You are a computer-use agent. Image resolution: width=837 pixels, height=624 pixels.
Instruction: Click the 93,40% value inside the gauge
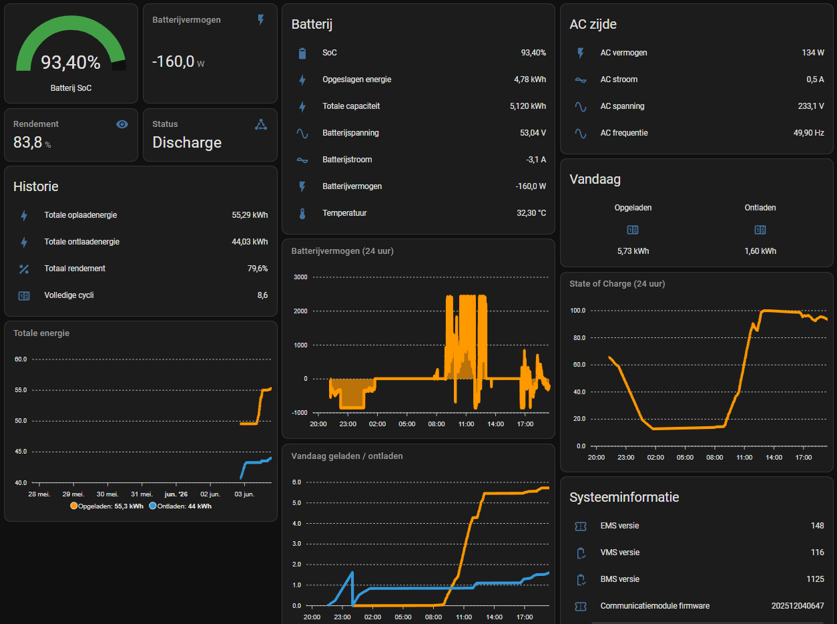[x=71, y=62]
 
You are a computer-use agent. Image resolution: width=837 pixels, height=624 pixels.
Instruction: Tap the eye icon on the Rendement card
[x=122, y=124]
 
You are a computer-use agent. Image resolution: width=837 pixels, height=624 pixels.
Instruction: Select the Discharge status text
[x=187, y=142]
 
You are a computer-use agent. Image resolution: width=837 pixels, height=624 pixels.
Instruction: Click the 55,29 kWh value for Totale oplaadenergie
[x=250, y=215]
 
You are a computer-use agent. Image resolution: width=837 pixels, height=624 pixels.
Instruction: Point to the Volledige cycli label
[x=69, y=295]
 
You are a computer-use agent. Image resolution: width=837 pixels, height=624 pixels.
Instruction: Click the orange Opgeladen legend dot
[x=74, y=506]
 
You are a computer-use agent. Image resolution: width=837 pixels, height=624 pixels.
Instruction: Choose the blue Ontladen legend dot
[x=153, y=506]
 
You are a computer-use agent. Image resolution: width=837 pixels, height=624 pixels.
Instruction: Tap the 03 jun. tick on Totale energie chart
[x=244, y=494]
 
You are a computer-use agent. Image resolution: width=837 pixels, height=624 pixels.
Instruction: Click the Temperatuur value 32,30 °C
[x=531, y=213]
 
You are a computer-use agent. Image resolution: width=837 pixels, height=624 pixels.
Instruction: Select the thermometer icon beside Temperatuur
[x=302, y=213]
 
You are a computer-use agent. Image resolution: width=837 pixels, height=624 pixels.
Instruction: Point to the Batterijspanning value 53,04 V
[x=533, y=133]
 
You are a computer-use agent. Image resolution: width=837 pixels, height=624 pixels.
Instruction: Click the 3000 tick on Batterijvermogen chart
[x=300, y=277]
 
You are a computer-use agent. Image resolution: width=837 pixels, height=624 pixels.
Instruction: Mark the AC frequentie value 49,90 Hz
[x=809, y=133]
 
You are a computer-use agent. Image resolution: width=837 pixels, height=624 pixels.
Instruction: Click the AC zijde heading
[x=593, y=24]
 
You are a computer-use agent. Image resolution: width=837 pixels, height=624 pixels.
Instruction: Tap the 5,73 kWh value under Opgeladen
[x=633, y=251]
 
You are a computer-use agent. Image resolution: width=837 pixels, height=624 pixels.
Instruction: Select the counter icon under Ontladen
[x=760, y=230]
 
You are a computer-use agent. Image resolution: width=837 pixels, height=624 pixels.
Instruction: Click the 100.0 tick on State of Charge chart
[x=578, y=311]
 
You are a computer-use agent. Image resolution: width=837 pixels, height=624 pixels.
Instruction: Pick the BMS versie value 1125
[x=815, y=579]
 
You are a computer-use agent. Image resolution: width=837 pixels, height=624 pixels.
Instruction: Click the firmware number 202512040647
[x=798, y=606]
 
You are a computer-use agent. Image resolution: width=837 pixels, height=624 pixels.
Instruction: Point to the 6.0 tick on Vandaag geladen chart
[x=296, y=482]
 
